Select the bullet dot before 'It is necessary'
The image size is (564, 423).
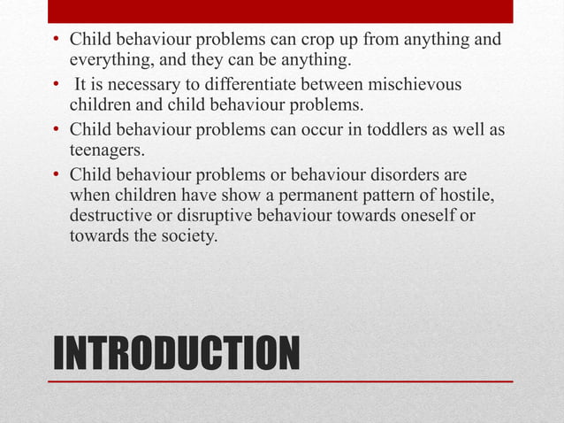coord(56,86)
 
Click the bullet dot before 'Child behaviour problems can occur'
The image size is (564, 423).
coord(56,130)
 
